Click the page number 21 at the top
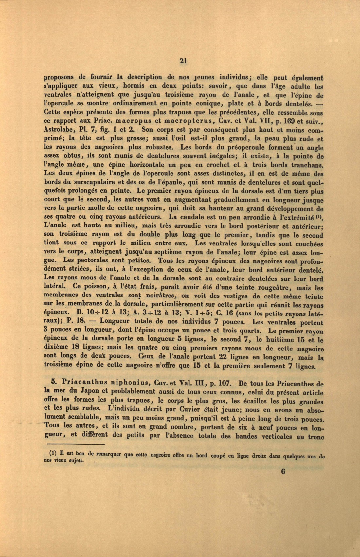[183, 60]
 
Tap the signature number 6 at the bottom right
[283, 471]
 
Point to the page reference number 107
[224, 383]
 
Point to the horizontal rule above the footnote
[76, 444]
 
